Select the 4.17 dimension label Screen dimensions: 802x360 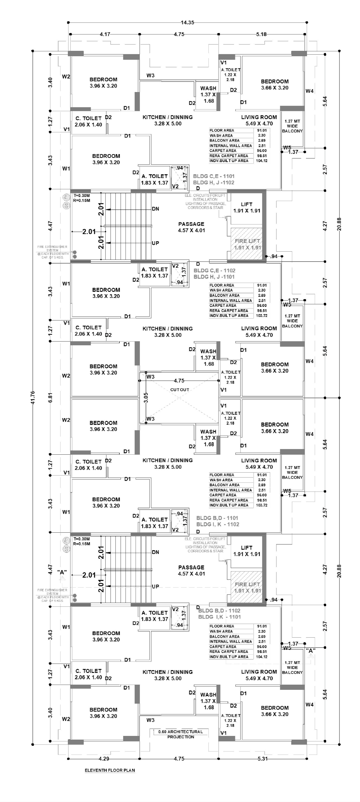click(105, 34)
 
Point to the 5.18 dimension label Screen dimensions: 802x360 click(261, 34)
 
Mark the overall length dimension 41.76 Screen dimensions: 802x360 click(33, 397)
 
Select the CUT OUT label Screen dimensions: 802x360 click(180, 390)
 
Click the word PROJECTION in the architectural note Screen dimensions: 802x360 click(181, 737)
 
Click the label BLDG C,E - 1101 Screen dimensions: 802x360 click(214, 176)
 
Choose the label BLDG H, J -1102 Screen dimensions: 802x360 click(214, 182)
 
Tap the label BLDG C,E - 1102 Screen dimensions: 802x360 click(214, 270)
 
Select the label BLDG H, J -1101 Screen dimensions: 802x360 click(214, 276)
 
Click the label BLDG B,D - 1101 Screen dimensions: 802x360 click(217, 518)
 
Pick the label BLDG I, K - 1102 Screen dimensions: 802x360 click(218, 524)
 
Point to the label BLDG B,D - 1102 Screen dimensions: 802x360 click(219, 611)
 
